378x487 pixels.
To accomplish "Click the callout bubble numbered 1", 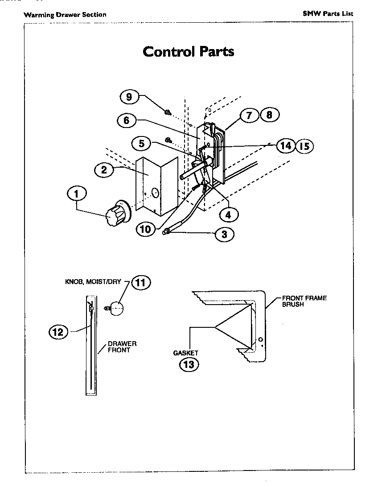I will [x=77, y=194].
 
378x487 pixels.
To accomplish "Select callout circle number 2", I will [x=104, y=169].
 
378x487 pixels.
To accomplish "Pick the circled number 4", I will [x=228, y=215].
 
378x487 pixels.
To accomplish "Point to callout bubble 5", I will [x=142, y=144].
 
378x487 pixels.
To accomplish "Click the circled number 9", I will [x=129, y=96].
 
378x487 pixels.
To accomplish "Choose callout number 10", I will [x=145, y=230].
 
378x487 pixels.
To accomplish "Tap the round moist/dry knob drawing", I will [x=115, y=308].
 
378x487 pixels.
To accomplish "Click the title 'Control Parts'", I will [x=188, y=51].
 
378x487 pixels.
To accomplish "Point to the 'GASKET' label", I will [x=185, y=353].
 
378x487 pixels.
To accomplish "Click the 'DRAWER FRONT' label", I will [x=122, y=347].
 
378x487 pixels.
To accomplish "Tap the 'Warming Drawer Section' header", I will [x=65, y=15].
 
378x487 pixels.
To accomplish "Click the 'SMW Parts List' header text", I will [x=328, y=13].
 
